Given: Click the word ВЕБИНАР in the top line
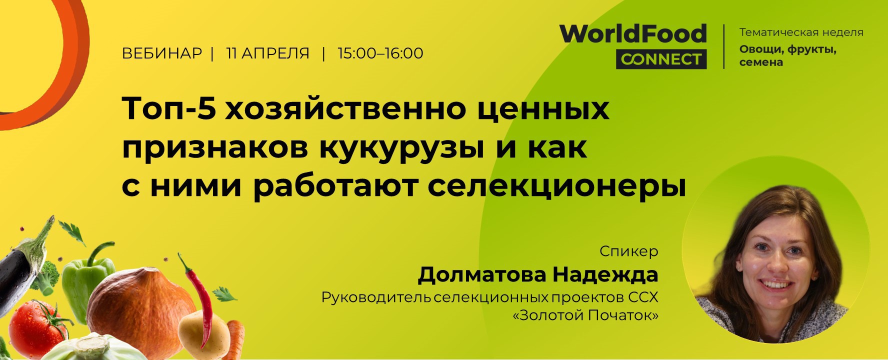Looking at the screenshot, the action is (x=162, y=53).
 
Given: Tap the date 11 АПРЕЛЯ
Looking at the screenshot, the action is (x=268, y=53).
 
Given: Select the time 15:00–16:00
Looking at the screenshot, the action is (x=380, y=53).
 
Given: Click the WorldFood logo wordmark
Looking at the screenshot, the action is (x=633, y=34).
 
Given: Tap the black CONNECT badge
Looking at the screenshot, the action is (x=661, y=59).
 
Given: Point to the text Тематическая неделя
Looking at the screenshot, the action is (x=801, y=32).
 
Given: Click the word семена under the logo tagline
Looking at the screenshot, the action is (x=761, y=62).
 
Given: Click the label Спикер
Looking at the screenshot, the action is (x=628, y=251).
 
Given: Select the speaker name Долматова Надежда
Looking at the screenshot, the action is (x=538, y=275).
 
